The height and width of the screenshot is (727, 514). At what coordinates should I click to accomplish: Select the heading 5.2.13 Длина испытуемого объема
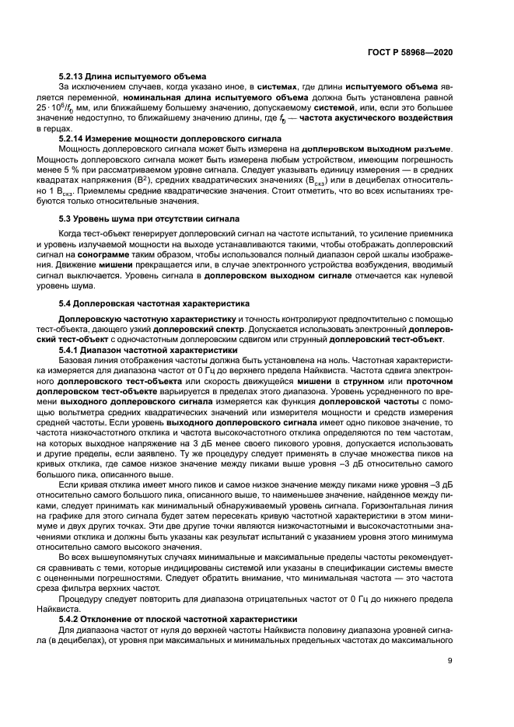point(132,76)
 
